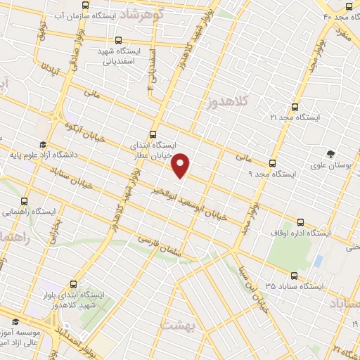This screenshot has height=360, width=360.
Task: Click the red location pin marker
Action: (x=181, y=165)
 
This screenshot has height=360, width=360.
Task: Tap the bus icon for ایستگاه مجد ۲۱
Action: (x=294, y=108)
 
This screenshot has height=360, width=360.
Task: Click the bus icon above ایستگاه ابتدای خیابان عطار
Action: (x=154, y=133)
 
